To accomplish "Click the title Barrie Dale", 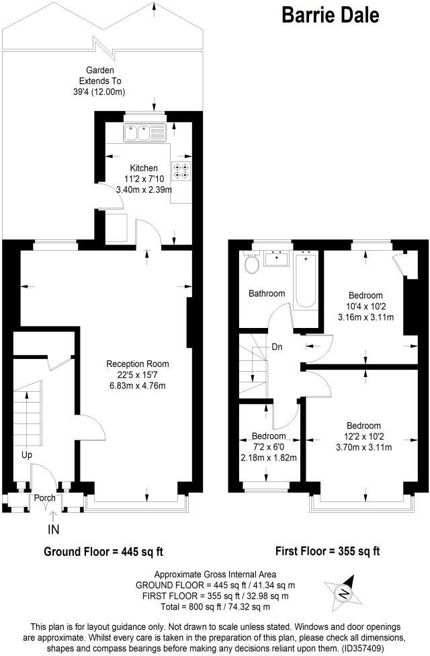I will pyautogui.click(x=329, y=15).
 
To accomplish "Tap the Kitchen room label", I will pyautogui.click(x=144, y=168).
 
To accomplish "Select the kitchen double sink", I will pyautogui.click(x=144, y=132).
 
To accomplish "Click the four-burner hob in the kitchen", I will pyautogui.click(x=181, y=171).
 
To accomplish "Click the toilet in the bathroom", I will pyautogui.click(x=253, y=265).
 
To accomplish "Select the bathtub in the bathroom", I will pyautogui.click(x=305, y=279).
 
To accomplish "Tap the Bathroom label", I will pyautogui.click(x=267, y=294).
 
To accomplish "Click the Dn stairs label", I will pyautogui.click(x=277, y=347).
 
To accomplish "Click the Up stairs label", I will pyautogui.click(x=26, y=455).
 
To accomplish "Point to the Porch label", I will pyautogui.click(x=45, y=498).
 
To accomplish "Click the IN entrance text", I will pyautogui.click(x=54, y=530).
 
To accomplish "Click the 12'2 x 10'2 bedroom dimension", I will pyautogui.click(x=363, y=437).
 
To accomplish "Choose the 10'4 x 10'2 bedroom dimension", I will pyautogui.click(x=365, y=306).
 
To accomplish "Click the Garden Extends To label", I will pyautogui.click(x=99, y=81).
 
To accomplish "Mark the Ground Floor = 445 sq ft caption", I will pyautogui.click(x=103, y=552).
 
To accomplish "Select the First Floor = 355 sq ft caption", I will pyautogui.click(x=328, y=551).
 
